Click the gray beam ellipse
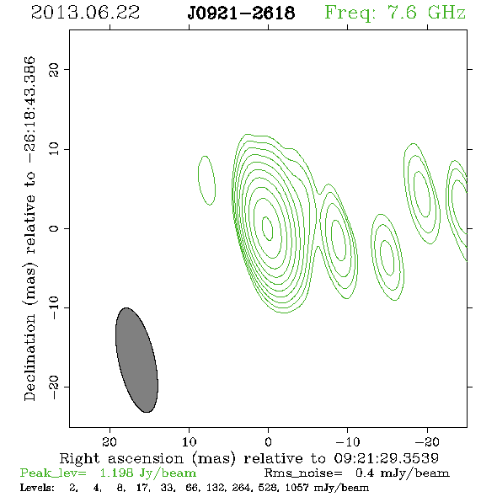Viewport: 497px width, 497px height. [x=136, y=360]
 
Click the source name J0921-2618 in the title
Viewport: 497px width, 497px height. [x=241, y=13]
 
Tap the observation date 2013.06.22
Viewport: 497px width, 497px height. [x=85, y=13]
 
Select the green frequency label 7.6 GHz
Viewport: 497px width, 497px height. [x=426, y=13]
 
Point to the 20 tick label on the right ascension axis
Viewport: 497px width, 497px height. [x=110, y=442]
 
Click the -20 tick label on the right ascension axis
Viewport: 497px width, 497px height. [x=427, y=442]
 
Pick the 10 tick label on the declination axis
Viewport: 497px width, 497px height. [x=54, y=149]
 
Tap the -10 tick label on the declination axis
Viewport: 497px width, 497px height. [x=54, y=307]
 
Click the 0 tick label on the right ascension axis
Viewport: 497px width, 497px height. [x=268, y=442]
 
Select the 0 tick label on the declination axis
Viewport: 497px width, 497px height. [x=54, y=228]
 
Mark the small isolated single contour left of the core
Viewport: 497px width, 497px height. [x=206, y=180]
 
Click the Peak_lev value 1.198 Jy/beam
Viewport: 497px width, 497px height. [x=147, y=473]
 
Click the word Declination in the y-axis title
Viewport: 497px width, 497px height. [x=29, y=357]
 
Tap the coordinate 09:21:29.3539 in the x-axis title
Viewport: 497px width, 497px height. [x=387, y=458]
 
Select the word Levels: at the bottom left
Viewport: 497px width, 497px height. [x=37, y=487]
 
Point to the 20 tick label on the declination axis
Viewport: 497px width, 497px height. [x=54, y=69]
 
